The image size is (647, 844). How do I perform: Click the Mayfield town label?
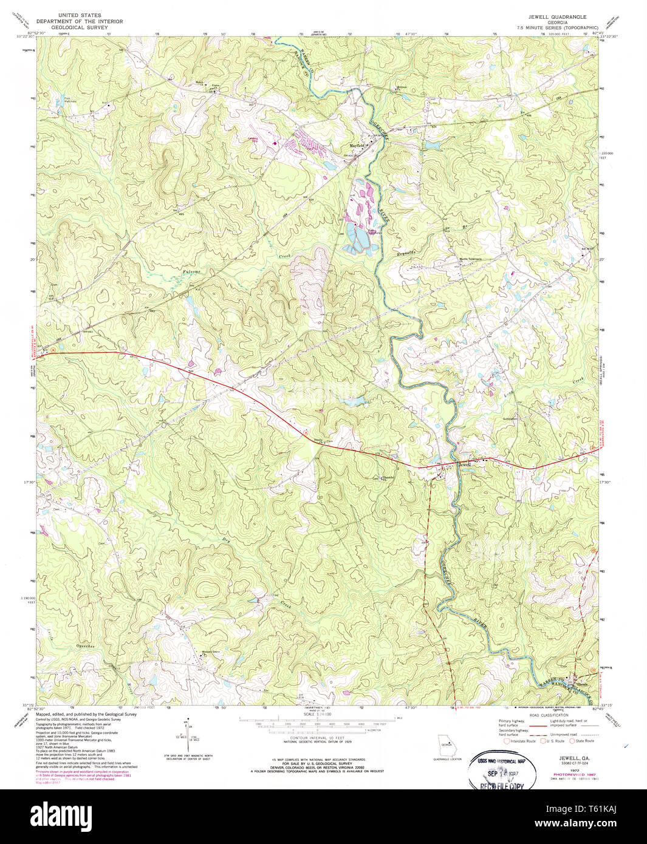click(x=357, y=146)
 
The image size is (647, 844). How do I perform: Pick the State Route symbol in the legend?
click(x=573, y=740)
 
